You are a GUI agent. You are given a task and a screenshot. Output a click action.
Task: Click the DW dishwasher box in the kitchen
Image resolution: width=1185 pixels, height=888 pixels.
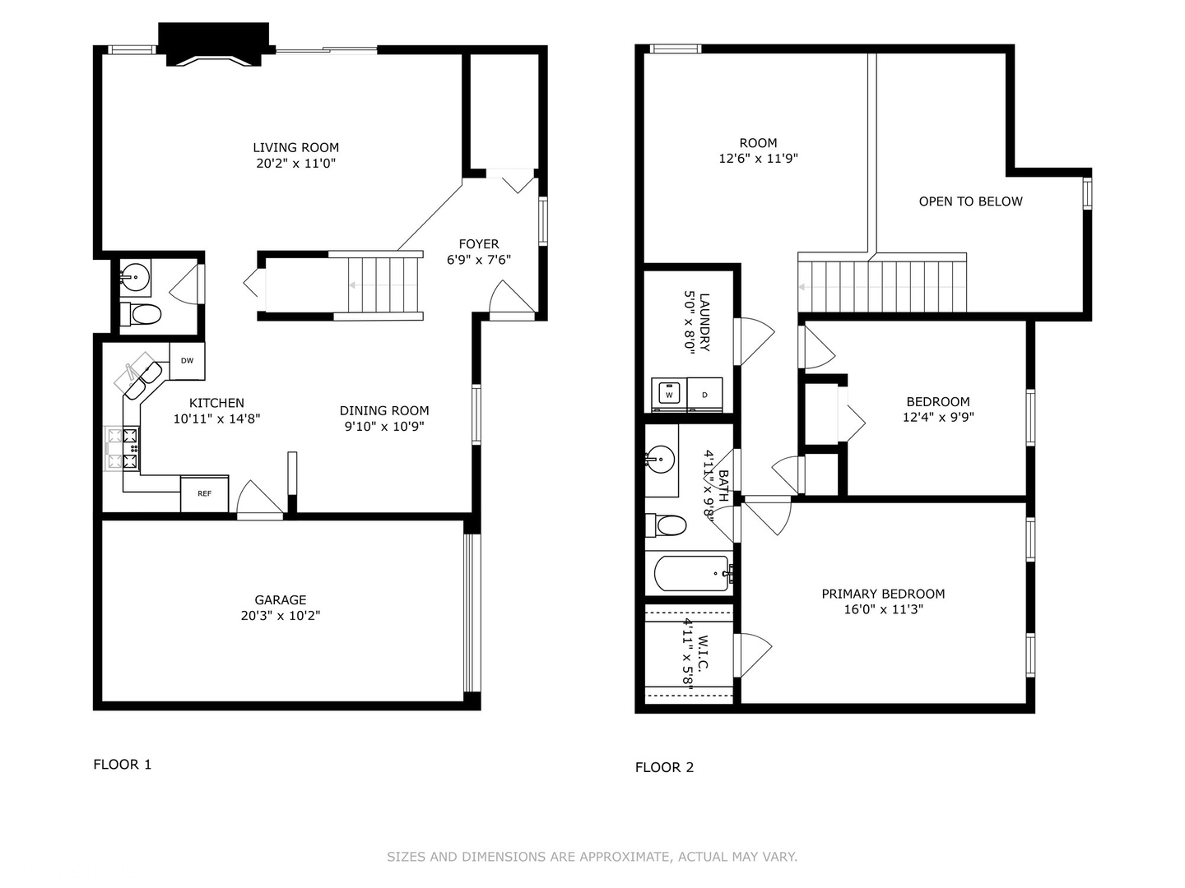(187, 361)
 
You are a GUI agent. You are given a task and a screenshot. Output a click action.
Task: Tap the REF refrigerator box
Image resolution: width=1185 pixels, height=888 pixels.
(204, 493)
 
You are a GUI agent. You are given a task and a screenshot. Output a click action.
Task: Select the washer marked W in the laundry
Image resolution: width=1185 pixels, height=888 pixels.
(669, 395)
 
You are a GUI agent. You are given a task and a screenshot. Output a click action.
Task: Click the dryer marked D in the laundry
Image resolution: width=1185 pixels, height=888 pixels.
(704, 395)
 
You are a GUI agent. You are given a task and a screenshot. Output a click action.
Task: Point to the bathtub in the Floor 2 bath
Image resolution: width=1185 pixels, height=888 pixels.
(691, 573)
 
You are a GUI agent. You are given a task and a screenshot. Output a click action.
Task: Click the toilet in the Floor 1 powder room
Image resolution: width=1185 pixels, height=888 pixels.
(142, 314)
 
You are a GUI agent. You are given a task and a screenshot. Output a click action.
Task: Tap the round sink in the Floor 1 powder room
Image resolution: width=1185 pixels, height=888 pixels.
(134, 277)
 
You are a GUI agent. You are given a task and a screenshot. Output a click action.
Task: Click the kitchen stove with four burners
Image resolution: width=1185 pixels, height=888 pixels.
(123, 449)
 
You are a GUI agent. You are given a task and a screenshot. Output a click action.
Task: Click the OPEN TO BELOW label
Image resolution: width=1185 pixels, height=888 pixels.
(970, 201)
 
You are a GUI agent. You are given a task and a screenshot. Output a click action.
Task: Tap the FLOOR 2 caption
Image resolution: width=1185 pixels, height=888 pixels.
(664, 767)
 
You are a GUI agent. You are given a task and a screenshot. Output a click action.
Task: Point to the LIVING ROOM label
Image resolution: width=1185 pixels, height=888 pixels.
(295, 148)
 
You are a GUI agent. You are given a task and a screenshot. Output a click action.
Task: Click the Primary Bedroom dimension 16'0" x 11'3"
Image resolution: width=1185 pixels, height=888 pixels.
(883, 609)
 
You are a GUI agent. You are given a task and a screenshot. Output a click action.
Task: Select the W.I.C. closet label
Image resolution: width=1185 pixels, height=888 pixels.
(703, 653)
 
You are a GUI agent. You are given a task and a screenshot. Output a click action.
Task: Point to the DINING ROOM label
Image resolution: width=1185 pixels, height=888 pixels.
(384, 410)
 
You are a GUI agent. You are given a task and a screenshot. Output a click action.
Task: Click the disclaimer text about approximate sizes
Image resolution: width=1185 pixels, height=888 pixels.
(592, 857)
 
